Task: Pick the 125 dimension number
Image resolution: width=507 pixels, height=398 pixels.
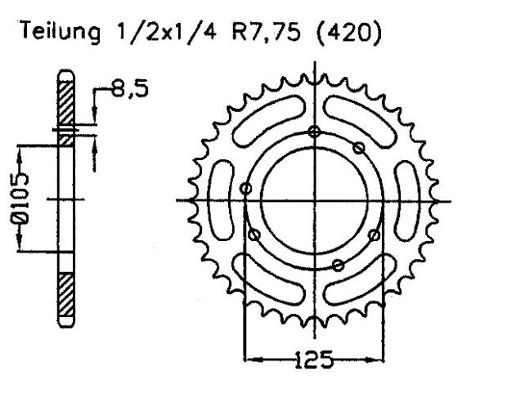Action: [x=314, y=359]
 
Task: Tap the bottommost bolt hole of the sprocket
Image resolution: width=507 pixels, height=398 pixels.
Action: [x=337, y=264]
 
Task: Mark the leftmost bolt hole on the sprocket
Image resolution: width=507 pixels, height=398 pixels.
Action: [x=247, y=190]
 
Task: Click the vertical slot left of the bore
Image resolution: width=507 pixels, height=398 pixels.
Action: [x=221, y=199]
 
